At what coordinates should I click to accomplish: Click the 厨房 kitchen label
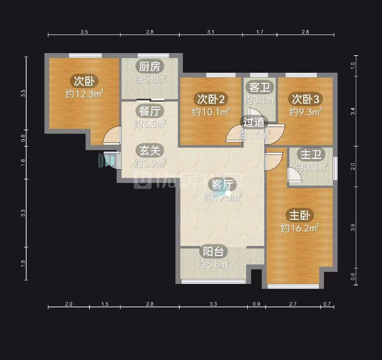(150, 67)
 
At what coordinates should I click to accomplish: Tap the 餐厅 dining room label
(150, 111)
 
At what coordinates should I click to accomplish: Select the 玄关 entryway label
(150, 151)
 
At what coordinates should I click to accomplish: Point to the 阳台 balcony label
(213, 252)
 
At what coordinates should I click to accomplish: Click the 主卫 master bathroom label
(311, 155)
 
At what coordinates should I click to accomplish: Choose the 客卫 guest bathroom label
(260, 87)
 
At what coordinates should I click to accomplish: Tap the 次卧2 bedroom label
(211, 99)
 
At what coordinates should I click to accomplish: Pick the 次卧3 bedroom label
(306, 99)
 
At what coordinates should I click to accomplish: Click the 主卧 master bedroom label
(300, 215)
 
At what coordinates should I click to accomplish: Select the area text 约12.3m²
(84, 93)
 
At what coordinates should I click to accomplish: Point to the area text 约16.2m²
(300, 228)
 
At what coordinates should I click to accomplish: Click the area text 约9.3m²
(306, 112)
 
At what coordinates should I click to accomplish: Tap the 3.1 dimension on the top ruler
(211, 32)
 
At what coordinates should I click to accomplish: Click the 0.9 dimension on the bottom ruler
(256, 304)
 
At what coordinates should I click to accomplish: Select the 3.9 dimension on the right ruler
(353, 227)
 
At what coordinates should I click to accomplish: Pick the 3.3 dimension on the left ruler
(23, 213)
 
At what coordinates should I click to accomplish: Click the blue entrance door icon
(106, 161)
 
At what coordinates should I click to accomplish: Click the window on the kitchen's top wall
(153, 55)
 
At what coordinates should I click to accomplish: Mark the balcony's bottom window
(214, 281)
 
